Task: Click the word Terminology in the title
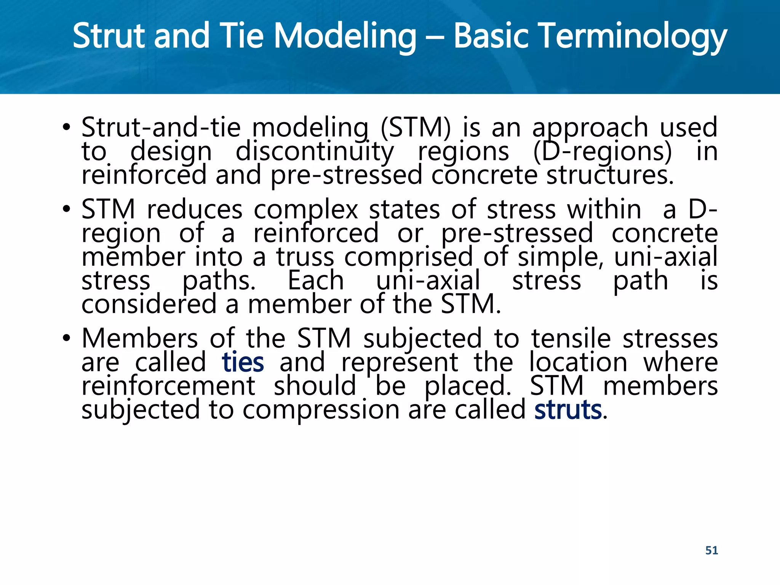(x=632, y=36)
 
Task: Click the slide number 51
(x=711, y=550)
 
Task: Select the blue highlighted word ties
(x=243, y=362)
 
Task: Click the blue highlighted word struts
(x=568, y=410)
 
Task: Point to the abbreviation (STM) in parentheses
(x=416, y=128)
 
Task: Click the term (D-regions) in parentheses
(x=603, y=152)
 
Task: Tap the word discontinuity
(x=315, y=152)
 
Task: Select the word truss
(x=305, y=257)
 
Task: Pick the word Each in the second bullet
(x=316, y=281)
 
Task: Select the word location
(x=578, y=362)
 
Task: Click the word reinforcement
(x=169, y=386)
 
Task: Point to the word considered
(x=149, y=304)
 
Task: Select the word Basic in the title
(x=491, y=36)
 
